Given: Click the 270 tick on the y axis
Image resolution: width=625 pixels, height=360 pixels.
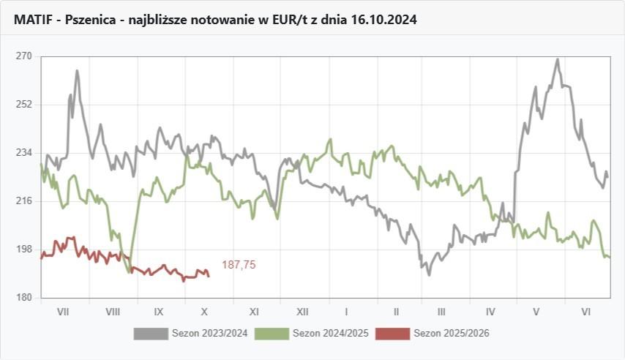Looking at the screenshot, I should click(23, 56).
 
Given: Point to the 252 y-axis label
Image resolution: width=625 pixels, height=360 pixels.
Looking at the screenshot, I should click(23, 104).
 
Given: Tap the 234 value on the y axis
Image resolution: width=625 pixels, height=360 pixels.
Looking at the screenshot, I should click(23, 152).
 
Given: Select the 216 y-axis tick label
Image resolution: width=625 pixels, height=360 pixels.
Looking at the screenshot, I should click(23, 200).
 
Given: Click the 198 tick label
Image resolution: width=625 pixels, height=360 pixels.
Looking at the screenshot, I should click(23, 249).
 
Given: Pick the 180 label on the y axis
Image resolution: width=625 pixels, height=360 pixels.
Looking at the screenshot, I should click(23, 297).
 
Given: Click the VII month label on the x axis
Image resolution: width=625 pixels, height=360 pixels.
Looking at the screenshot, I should click(63, 311).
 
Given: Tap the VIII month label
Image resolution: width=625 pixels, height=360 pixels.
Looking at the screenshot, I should click(112, 311).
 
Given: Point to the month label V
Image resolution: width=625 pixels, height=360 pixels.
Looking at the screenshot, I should click(536, 311).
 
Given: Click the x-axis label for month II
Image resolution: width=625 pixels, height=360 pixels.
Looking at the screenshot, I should click(395, 311).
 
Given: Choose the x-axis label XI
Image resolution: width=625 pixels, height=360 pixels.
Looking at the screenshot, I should click(254, 311).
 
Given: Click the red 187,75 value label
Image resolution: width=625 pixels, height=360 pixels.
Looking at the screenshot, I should click(239, 265).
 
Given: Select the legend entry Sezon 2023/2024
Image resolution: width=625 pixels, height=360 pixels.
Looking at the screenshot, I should click(209, 334).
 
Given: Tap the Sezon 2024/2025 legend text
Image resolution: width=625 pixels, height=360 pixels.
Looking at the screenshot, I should click(330, 334).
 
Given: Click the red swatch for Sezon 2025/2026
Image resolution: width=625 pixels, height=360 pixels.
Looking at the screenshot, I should click(392, 334).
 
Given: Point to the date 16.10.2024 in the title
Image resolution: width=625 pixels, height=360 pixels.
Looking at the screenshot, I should click(386, 20).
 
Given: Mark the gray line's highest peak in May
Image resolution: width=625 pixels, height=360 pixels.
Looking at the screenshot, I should click(558, 59).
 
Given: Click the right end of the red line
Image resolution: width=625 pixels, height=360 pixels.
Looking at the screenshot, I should click(209, 276).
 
